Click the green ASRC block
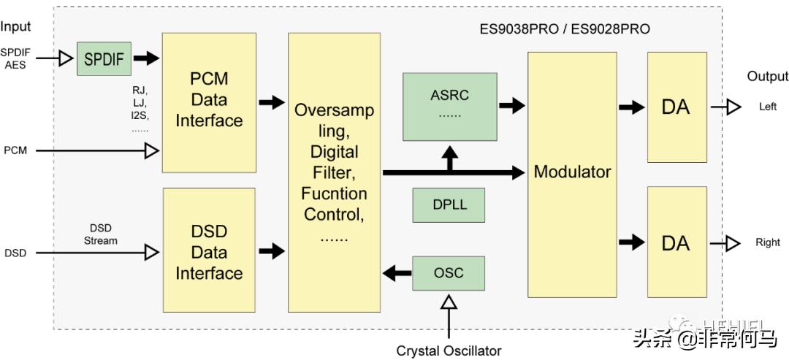point(449,106)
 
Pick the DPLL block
point(449,205)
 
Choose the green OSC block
point(449,274)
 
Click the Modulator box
point(572,172)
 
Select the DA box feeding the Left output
point(676,107)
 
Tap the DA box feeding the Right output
point(676,242)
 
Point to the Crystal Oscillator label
point(449,351)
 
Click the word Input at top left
point(15,27)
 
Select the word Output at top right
point(767,77)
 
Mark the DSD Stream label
point(100,234)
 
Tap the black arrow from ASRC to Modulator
point(511,106)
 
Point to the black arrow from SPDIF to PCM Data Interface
point(146,58)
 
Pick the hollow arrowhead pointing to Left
point(732,107)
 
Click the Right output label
point(768,242)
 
